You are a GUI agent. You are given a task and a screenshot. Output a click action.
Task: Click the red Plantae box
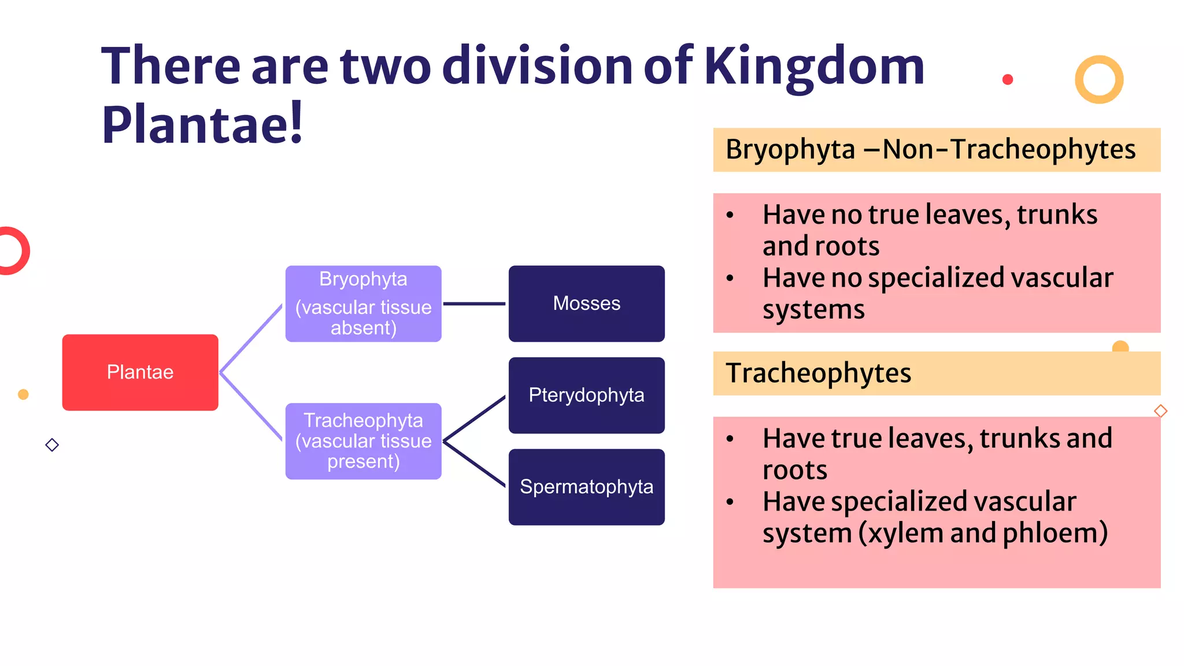(140, 372)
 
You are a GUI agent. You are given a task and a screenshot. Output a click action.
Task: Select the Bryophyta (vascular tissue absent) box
(363, 304)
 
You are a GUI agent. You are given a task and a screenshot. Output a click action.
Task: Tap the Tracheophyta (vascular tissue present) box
(363, 441)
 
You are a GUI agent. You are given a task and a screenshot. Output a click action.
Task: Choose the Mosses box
(586, 304)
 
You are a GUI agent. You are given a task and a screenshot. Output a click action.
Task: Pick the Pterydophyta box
(586, 395)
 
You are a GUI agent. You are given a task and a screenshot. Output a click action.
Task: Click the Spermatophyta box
(586, 487)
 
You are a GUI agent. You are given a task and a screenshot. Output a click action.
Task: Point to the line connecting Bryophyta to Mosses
(474, 304)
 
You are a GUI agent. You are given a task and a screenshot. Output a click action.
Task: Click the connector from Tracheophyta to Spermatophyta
(474, 464)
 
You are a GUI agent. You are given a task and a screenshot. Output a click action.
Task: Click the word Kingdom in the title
(814, 66)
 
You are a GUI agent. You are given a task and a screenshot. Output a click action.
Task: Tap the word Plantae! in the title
(202, 124)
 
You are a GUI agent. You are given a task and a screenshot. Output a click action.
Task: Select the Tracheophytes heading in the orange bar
(818, 373)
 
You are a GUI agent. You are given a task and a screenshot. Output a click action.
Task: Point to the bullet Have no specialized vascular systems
(937, 294)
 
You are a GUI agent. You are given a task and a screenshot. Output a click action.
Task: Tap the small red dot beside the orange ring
(1008, 80)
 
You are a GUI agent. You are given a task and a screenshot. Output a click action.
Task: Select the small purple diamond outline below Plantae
(52, 445)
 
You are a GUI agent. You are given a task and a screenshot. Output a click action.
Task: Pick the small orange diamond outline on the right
(1160, 411)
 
